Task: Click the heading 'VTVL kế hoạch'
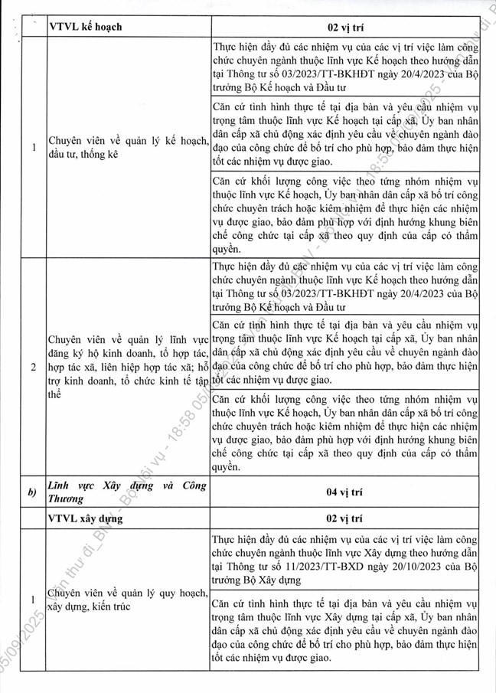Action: pyautogui.click(x=85, y=27)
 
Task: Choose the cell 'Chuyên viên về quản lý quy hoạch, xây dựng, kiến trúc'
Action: pyautogui.click(x=126, y=599)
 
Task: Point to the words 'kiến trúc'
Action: pyautogui.click(x=118, y=606)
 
